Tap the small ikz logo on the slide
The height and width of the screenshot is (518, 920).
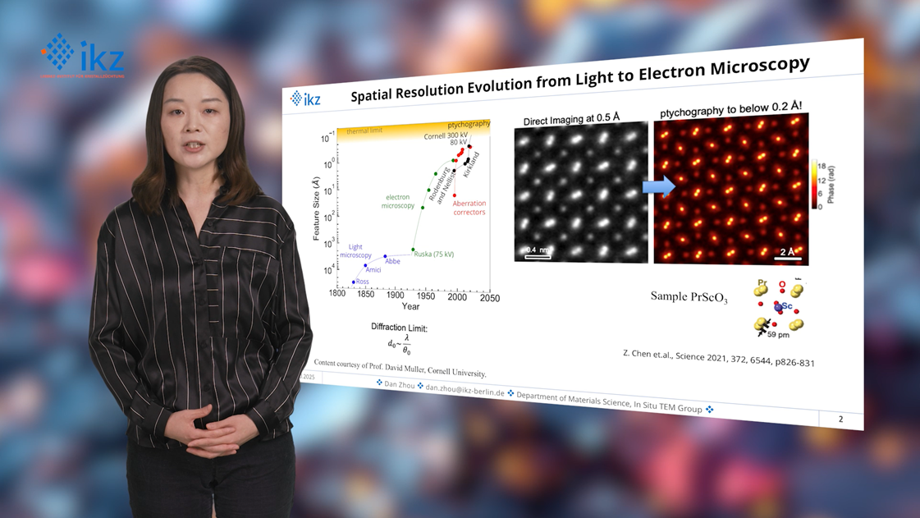(x=305, y=99)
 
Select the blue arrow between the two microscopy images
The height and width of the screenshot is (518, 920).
(x=658, y=186)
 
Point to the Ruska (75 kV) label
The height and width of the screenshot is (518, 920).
(x=433, y=254)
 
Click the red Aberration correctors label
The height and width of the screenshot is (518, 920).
(x=469, y=208)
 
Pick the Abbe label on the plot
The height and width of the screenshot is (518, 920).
(x=392, y=262)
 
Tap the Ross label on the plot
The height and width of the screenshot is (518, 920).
(x=362, y=282)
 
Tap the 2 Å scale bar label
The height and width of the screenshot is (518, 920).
(x=787, y=252)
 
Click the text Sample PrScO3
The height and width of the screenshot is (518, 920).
(x=689, y=297)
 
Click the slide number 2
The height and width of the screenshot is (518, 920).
(x=840, y=419)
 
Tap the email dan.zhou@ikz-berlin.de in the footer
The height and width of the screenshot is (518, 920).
(x=465, y=388)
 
